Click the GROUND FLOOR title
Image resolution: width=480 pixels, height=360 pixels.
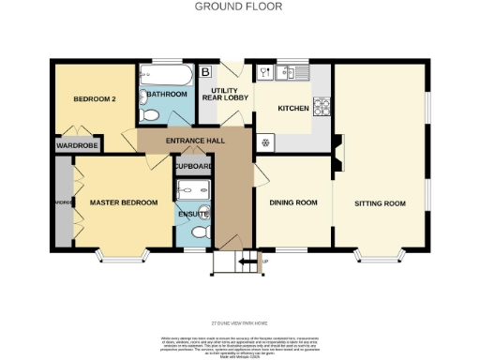238,6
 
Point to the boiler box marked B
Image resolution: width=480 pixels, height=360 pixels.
206,71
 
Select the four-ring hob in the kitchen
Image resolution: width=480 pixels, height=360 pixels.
322,105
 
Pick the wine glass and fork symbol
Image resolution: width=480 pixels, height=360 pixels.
266,71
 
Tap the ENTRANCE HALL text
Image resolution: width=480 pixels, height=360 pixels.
193,142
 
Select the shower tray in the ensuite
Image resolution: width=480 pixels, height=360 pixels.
192,187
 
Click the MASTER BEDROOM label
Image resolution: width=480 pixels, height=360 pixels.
123,202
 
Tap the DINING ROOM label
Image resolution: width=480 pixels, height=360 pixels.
292,202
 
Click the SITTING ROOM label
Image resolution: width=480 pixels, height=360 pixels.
380,202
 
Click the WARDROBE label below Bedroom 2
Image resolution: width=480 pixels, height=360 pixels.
78,145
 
